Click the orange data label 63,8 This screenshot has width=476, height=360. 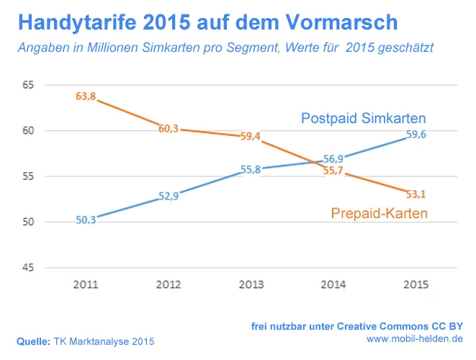tap(86, 96)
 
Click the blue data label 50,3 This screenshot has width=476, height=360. tap(86, 220)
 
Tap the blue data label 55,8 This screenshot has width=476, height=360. tap(251, 169)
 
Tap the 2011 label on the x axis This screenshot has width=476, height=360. tap(86, 285)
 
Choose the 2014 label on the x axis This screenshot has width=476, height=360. tap(333, 285)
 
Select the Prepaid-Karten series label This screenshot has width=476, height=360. tap(380, 213)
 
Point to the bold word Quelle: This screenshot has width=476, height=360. tap(32, 341)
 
